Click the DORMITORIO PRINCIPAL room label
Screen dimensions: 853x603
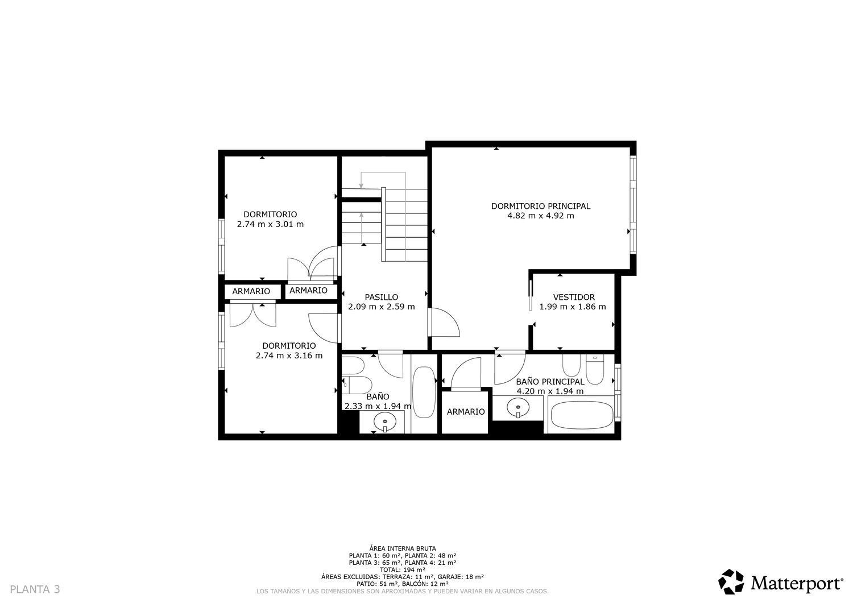pyautogui.click(x=540, y=206)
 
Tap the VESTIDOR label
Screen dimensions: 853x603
pyautogui.click(x=573, y=297)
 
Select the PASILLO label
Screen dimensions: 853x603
pyautogui.click(x=381, y=297)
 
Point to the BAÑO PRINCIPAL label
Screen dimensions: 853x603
pyautogui.click(x=550, y=381)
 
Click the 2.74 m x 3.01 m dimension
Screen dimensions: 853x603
pyautogui.click(x=270, y=224)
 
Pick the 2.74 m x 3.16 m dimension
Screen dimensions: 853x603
pyautogui.click(x=289, y=356)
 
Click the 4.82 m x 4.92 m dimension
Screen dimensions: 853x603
pyautogui.click(x=540, y=216)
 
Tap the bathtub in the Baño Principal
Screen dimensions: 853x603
pyautogui.click(x=582, y=415)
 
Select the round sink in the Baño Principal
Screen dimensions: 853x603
pyautogui.click(x=518, y=407)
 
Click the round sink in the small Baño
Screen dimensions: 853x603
pyautogui.click(x=385, y=422)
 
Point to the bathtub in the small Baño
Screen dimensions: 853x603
pyautogui.click(x=424, y=392)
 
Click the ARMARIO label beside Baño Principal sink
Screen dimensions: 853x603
pyautogui.click(x=465, y=412)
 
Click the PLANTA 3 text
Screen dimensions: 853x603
pyautogui.click(x=35, y=589)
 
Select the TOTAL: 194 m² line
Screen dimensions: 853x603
pyautogui.click(x=403, y=569)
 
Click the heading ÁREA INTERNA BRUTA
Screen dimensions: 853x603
pyautogui.click(x=403, y=548)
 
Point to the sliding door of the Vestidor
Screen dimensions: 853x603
pyautogui.click(x=531, y=296)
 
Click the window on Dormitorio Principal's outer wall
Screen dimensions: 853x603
pyautogui.click(x=633, y=205)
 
